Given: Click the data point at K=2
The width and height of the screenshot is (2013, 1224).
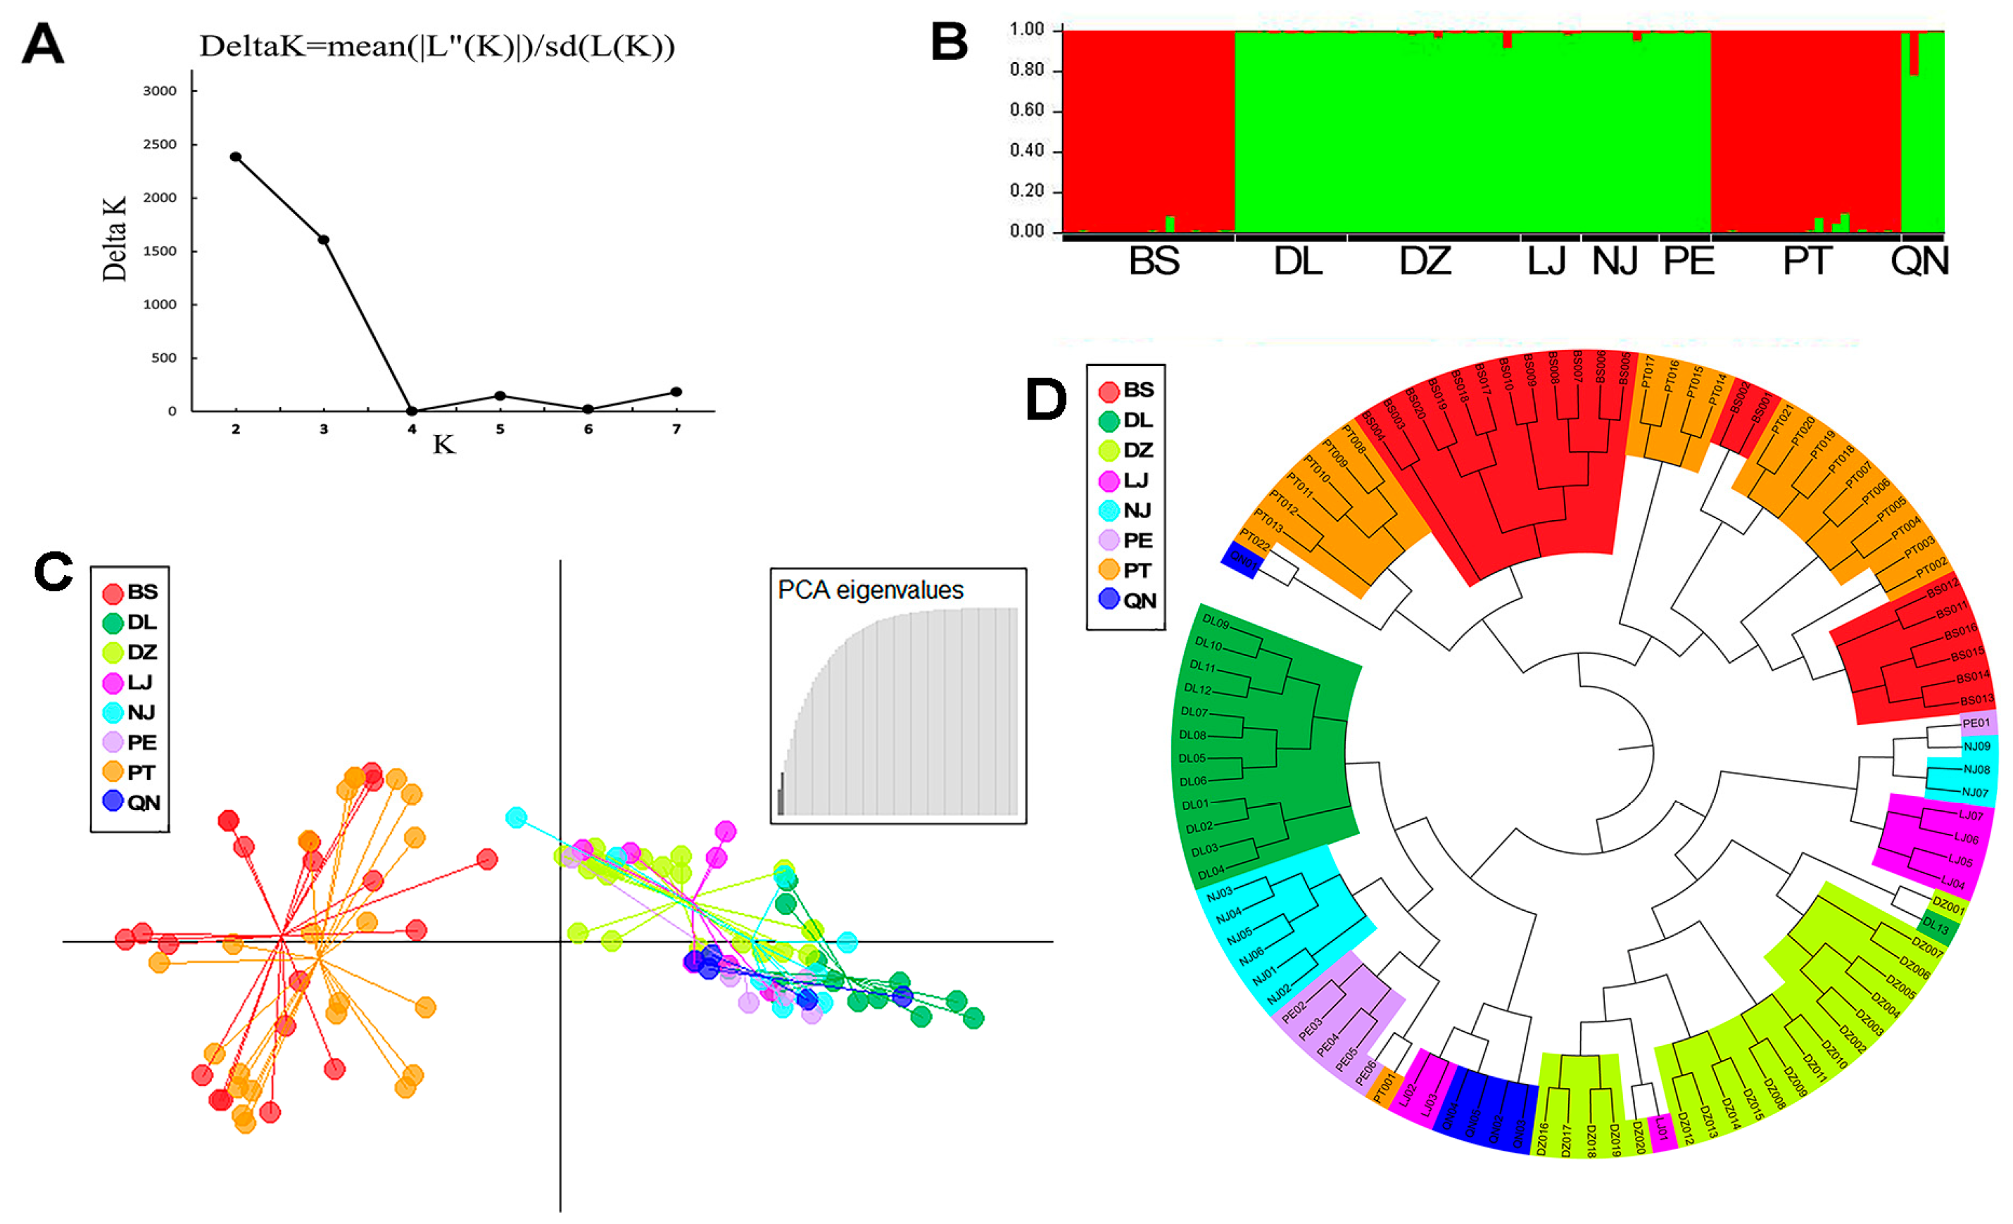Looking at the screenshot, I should (x=235, y=157).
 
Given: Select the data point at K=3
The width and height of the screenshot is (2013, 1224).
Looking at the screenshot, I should (x=324, y=239).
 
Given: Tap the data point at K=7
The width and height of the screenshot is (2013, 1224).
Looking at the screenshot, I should (x=676, y=392).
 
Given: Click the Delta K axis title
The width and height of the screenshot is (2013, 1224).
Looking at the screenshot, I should (x=114, y=239).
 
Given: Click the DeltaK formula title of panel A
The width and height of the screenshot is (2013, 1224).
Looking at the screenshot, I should (x=437, y=46).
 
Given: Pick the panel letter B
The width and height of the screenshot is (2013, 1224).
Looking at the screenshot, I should (x=949, y=42).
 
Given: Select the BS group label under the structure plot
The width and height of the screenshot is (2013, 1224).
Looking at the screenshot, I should (x=1154, y=261).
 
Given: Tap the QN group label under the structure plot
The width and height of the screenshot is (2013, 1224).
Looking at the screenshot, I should (x=1919, y=261).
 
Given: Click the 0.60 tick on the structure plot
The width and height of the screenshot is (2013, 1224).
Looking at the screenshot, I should (x=1027, y=111).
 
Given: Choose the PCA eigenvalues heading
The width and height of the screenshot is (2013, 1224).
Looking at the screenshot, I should (x=870, y=590).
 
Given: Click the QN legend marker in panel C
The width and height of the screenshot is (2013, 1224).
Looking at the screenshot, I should (x=113, y=802).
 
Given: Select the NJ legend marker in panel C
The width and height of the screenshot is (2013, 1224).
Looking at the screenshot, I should (x=113, y=712).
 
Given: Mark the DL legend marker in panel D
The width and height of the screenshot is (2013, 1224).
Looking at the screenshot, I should (x=1109, y=421).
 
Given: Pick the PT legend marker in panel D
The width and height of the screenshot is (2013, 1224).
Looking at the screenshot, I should (x=1109, y=569).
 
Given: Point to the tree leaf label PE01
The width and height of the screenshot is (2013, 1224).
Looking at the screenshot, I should (x=1976, y=723).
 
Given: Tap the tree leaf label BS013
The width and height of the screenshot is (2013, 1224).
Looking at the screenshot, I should (x=1976, y=700).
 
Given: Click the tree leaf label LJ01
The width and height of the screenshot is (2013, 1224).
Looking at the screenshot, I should (x=1661, y=1131).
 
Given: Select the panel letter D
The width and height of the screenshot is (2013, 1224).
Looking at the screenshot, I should (x=1046, y=400).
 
